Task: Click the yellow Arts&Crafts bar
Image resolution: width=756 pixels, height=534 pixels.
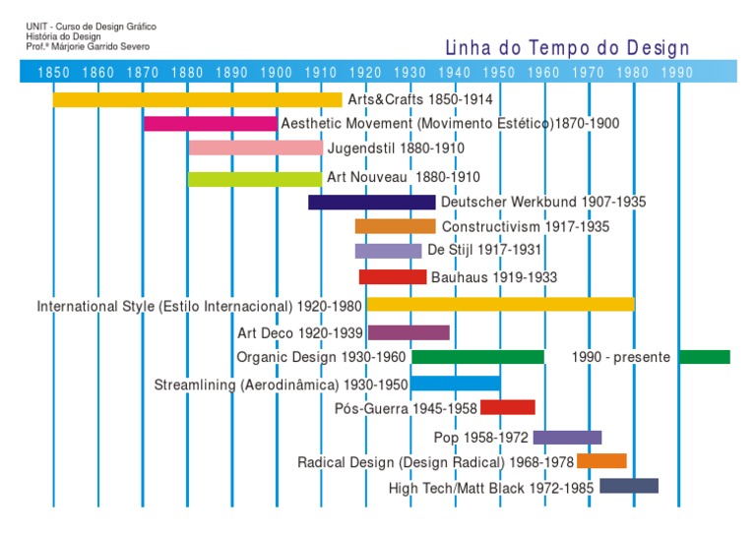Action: pos(197,99)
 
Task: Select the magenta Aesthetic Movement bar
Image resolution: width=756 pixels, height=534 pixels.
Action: pos(211,124)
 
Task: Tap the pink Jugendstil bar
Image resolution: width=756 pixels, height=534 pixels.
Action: pos(255,148)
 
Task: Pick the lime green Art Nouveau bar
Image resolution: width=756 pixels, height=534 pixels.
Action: pos(254,178)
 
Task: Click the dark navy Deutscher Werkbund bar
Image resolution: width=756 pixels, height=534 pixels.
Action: pos(371,202)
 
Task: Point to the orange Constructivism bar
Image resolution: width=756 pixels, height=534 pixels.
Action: pos(395,226)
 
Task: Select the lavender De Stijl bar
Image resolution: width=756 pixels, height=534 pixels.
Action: pos(388,251)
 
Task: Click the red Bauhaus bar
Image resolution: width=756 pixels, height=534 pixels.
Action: pos(392,277)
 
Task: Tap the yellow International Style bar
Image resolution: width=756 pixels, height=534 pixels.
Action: pos(500,304)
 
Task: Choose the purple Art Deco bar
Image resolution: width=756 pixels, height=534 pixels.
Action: pos(409,332)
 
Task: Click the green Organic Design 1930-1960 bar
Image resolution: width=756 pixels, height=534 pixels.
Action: pos(477,356)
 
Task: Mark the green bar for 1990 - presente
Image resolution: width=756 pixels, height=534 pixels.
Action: pos(704,356)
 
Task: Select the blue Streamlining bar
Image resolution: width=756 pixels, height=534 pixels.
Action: pos(455,383)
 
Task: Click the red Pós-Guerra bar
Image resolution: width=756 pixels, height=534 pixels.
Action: pos(507,407)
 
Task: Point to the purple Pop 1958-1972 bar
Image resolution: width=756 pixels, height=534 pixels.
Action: pos(567,437)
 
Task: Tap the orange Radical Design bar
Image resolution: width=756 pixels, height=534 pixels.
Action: pos(601,460)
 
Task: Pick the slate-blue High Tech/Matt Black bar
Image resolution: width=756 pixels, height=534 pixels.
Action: pos(629,486)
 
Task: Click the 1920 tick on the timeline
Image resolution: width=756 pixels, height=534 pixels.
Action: pos(366,72)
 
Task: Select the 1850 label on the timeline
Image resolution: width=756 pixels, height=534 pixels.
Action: pos(53,72)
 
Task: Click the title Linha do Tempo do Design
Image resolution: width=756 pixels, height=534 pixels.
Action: pos(568,48)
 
